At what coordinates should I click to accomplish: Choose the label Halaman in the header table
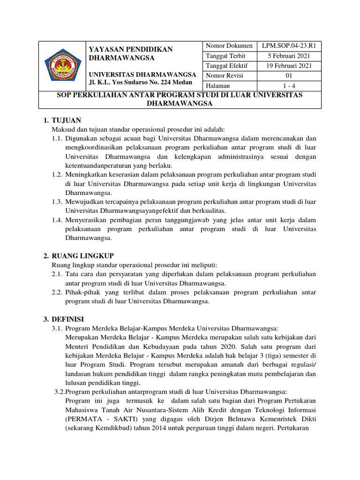pyautogui.click(x=217, y=85)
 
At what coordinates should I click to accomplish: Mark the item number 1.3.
pyautogui.click(x=57, y=202)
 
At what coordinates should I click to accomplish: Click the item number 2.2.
pyautogui.click(x=57, y=292)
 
